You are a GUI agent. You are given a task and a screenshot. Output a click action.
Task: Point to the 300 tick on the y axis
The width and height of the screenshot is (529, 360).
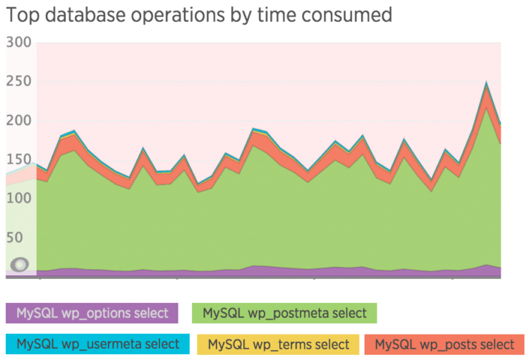(19, 42)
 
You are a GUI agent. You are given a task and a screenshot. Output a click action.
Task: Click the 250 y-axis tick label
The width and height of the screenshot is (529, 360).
(19, 81)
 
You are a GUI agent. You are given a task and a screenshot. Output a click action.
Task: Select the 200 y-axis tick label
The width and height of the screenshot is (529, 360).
(19, 120)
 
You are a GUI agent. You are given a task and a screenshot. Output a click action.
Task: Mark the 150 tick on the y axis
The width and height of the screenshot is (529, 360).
(19, 159)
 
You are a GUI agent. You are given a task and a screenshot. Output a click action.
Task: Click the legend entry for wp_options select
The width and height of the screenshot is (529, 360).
(92, 313)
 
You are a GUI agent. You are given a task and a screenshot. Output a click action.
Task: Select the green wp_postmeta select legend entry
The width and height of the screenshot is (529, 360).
(284, 313)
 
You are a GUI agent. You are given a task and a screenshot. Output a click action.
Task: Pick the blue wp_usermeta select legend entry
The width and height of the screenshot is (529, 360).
(97, 344)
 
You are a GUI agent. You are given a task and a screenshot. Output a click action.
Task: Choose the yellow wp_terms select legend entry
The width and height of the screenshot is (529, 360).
(279, 344)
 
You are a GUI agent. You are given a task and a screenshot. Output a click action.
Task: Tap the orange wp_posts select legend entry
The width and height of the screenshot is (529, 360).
(444, 344)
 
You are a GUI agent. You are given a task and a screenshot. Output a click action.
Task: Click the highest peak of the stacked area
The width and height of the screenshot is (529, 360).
(486, 83)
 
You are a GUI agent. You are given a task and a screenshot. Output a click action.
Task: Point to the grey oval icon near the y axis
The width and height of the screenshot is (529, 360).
(20, 265)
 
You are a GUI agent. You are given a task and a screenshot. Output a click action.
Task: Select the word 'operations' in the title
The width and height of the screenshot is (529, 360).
(181, 15)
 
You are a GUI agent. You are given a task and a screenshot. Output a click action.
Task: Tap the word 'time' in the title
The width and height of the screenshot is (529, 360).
(287, 15)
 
